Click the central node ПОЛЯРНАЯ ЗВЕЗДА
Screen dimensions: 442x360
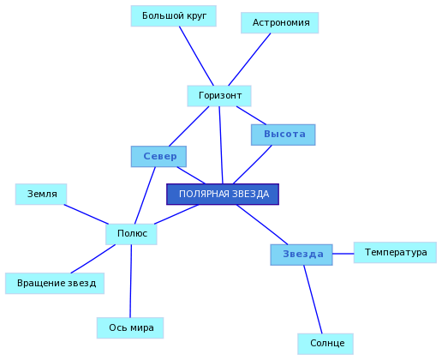tap(223, 195)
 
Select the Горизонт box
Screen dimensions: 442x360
tap(219, 96)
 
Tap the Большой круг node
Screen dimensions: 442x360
tap(174, 16)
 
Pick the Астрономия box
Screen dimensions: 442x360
tap(280, 23)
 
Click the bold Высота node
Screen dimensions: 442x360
tap(284, 135)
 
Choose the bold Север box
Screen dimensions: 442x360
tap(158, 157)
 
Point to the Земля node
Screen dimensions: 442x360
tap(41, 195)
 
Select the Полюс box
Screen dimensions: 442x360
tap(131, 234)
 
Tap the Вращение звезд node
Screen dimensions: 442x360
tap(55, 284)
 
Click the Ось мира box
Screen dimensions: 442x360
tap(130, 328)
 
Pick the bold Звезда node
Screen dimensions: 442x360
tap(302, 255)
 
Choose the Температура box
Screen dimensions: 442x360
tap(395, 253)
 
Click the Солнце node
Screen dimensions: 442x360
tap(326, 344)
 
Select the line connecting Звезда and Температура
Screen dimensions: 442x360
tap(343, 254)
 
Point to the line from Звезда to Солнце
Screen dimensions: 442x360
tap(313, 299)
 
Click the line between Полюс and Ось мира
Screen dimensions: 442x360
tap(131, 281)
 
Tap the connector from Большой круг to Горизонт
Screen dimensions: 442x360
tap(196, 56)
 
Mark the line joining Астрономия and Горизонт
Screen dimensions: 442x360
tap(249, 59)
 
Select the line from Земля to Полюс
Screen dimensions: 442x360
tap(87, 214)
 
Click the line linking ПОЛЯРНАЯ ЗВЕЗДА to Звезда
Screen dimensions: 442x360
tap(262, 225)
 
